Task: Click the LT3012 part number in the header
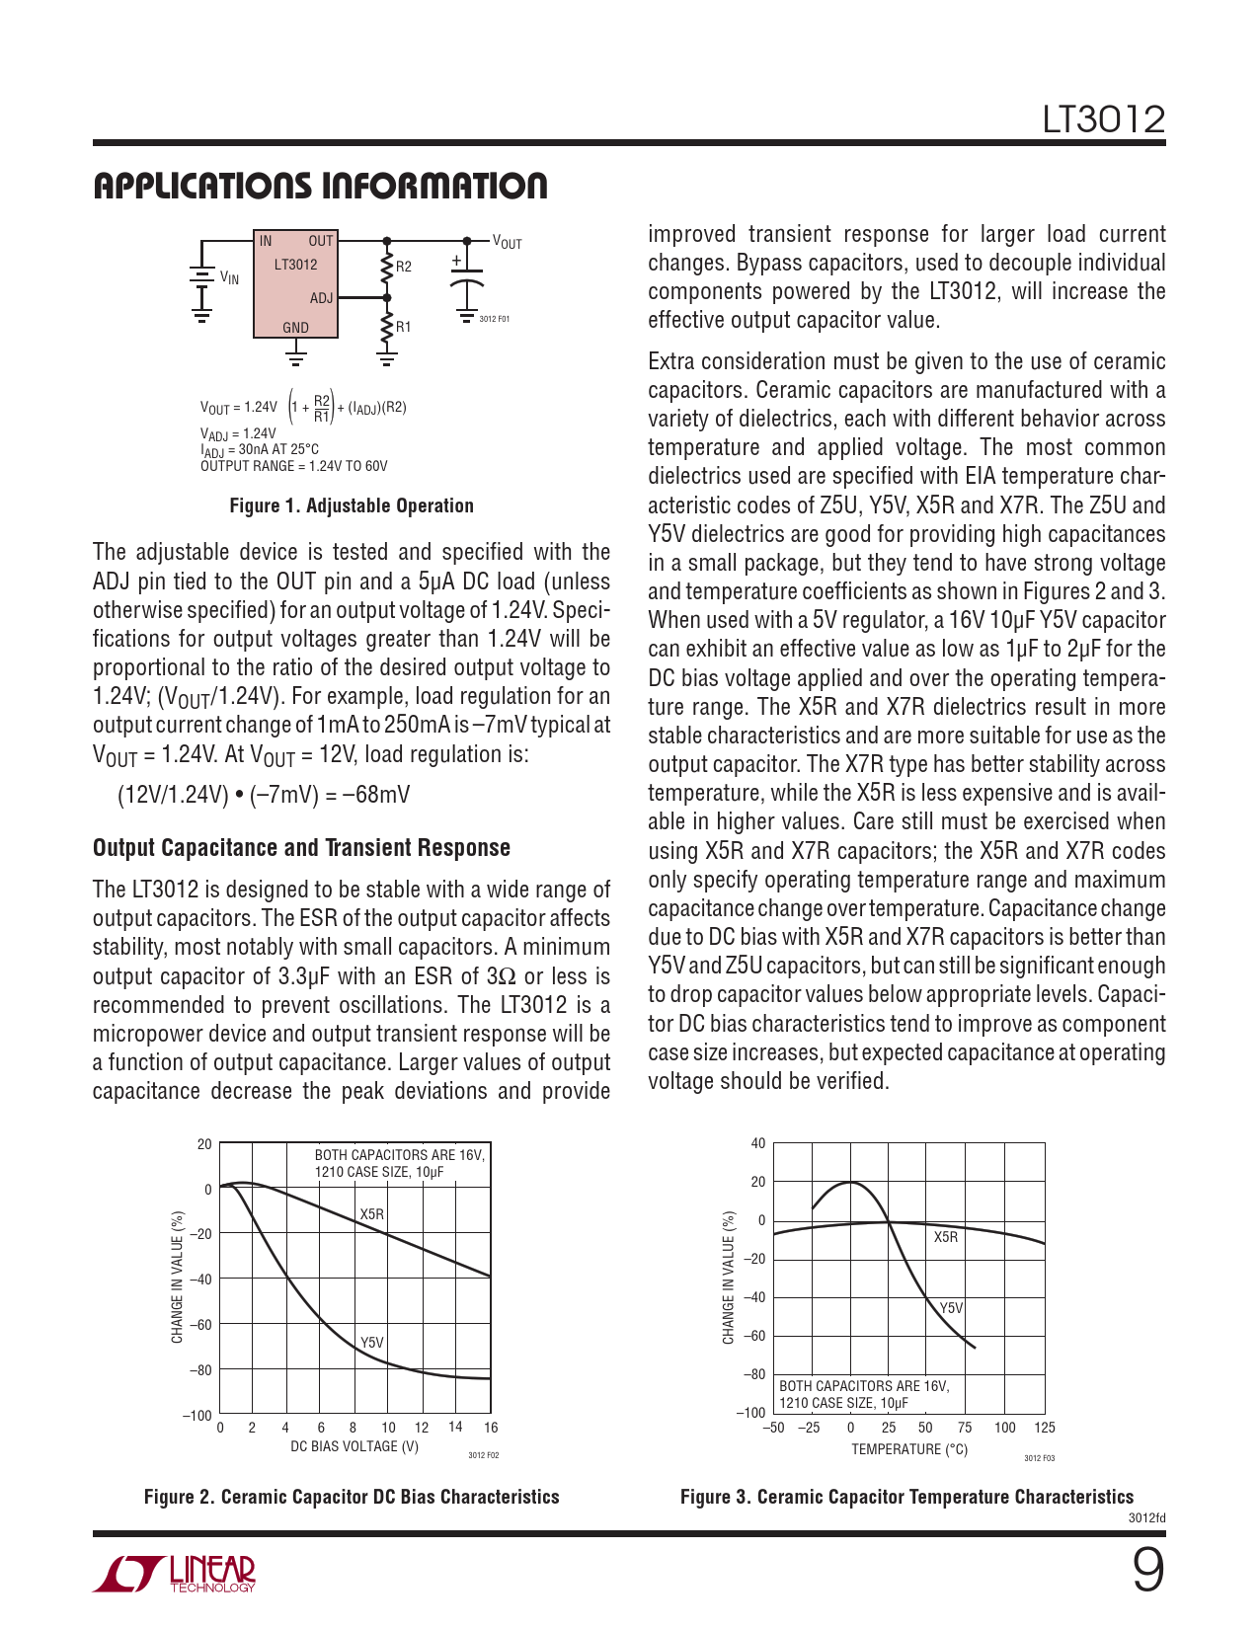click(1104, 120)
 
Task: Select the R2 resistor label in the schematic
click(404, 267)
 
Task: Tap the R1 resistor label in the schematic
click(404, 327)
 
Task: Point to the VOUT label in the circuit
click(507, 243)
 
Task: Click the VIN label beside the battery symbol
click(229, 278)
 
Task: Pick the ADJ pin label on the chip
click(321, 298)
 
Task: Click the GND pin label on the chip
click(295, 328)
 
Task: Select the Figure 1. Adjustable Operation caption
click(352, 505)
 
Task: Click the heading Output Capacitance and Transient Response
click(301, 848)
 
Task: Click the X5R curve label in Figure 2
click(371, 1214)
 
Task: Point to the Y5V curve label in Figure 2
click(371, 1343)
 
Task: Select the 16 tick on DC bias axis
click(491, 1428)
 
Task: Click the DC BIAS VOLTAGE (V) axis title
click(354, 1446)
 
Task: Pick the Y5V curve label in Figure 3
click(951, 1308)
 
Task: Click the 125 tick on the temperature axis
click(1045, 1428)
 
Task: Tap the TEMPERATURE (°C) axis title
click(909, 1449)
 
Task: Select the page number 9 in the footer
click(1147, 1570)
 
